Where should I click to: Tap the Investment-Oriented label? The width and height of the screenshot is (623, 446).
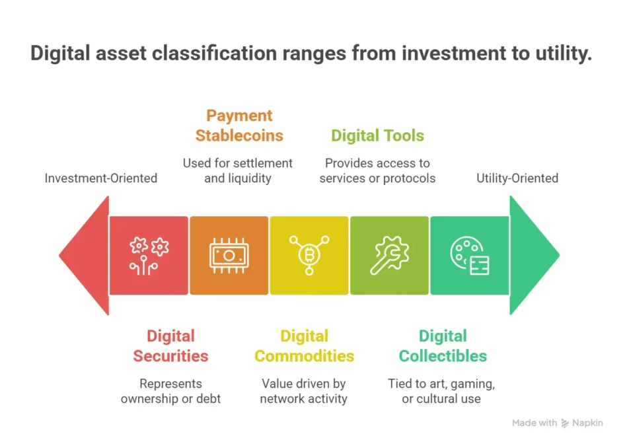[101, 178]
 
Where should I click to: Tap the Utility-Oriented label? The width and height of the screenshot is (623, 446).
[517, 178]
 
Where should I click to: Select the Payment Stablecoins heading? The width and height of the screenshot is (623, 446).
[239, 126]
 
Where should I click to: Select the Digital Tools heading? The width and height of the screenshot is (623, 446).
[377, 135]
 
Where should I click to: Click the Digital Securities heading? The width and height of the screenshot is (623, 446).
[170, 346]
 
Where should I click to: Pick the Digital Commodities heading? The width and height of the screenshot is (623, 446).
[304, 346]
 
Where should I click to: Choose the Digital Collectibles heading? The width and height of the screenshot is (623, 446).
[443, 346]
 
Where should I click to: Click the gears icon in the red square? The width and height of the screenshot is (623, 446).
[149, 255]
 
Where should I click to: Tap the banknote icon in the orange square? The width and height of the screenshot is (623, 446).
[229, 255]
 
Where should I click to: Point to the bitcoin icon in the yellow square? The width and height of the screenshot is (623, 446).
[309, 255]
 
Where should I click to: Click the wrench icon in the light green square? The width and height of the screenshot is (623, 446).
[389, 255]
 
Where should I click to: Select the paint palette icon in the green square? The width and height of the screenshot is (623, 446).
[469, 255]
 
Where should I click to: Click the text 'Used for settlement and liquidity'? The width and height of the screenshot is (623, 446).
[238, 170]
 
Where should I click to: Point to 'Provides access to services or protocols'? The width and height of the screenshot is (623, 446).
[377, 170]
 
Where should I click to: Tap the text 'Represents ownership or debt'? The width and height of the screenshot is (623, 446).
[170, 390]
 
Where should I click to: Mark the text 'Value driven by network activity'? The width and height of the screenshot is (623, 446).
[304, 390]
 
